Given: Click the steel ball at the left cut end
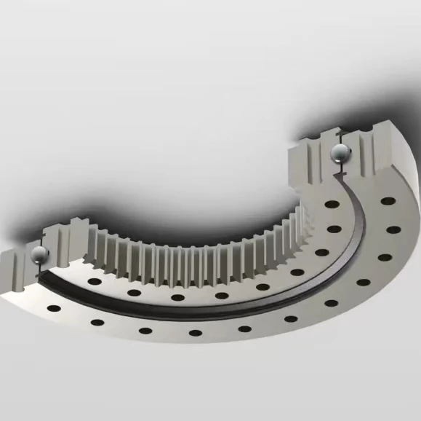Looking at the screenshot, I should pyautogui.click(x=38, y=254).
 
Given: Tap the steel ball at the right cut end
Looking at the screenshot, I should pyautogui.click(x=340, y=154).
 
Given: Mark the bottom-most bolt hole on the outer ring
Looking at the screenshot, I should pyautogui.click(x=194, y=333).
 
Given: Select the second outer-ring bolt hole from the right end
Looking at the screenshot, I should pyautogui.click(x=393, y=229).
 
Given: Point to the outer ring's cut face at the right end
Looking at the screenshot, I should pyautogui.click(x=371, y=157).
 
